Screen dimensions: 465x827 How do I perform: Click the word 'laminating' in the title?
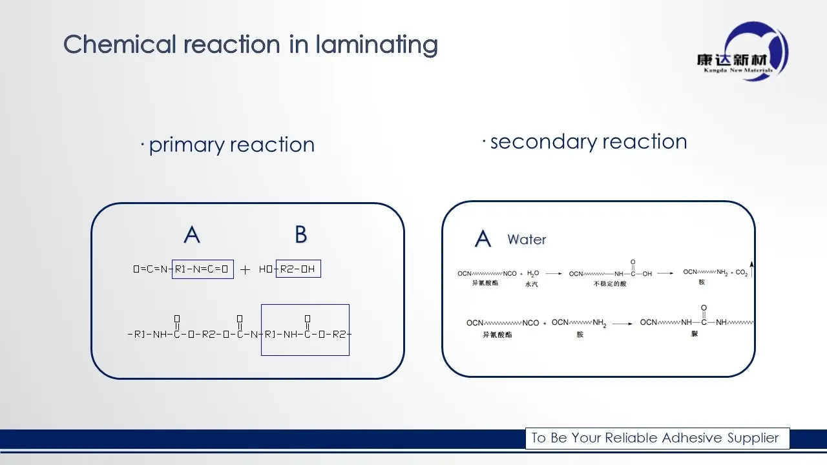pos(376,45)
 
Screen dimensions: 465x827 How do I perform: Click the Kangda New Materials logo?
pos(744,52)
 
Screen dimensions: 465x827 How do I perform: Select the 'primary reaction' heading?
pos(231,145)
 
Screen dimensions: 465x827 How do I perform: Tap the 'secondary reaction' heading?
pos(588,141)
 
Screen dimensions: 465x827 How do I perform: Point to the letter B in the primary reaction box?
pos(300,234)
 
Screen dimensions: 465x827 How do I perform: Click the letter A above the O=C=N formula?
pos(192,234)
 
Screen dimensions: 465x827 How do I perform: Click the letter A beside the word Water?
pos(483,240)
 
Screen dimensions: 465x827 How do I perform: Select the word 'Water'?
pos(527,240)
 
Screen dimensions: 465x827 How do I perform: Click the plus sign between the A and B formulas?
pos(245,270)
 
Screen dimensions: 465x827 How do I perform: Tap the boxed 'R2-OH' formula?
pos(298,269)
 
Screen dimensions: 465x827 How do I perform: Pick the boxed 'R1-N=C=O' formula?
pos(202,269)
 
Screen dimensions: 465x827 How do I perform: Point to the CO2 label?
pos(741,273)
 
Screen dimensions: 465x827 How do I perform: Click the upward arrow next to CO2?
pos(753,269)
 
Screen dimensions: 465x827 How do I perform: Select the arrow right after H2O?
pos(552,273)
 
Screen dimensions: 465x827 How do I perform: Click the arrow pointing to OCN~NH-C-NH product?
pos(622,323)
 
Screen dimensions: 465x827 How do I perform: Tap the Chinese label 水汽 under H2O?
pos(532,284)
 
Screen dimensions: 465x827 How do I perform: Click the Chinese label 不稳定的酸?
pos(610,284)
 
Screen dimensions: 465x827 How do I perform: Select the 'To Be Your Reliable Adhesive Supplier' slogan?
pos(655,438)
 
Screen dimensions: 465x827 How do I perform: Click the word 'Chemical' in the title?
pos(120,45)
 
